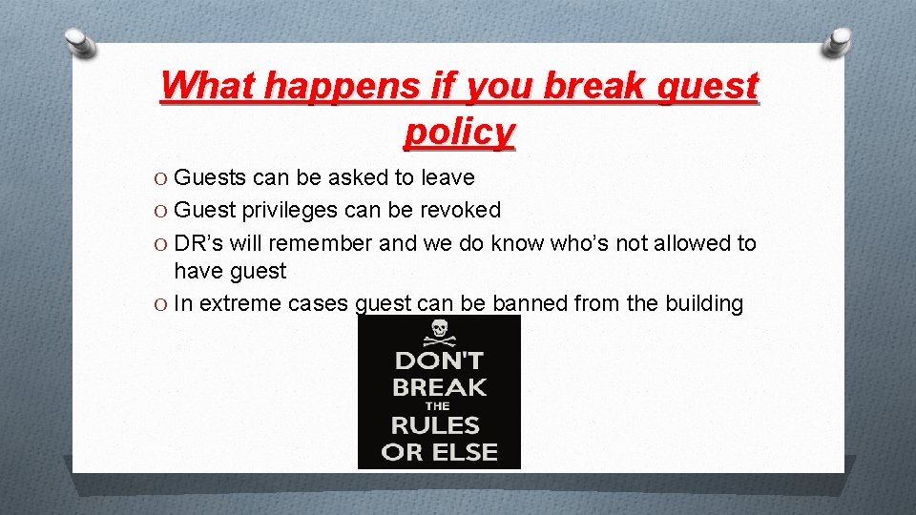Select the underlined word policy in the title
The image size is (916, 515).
tap(459, 132)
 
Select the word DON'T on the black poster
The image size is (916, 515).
tap(439, 361)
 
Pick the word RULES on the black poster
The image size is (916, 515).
tap(439, 425)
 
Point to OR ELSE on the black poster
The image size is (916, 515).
tap(439, 451)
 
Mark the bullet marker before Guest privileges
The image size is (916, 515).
tap(162, 211)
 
